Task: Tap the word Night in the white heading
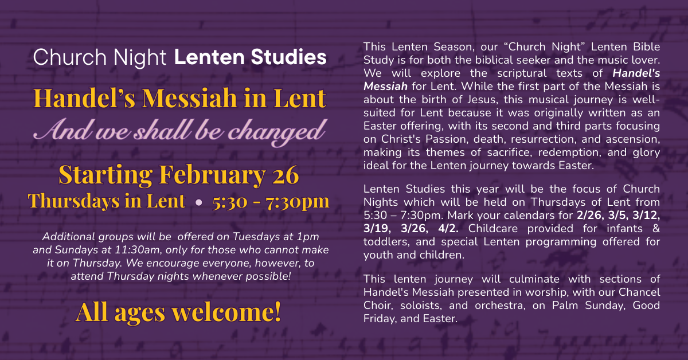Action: (141, 57)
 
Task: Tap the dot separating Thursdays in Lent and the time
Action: (198, 202)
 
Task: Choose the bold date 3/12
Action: (646, 216)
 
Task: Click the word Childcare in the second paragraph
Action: (491, 228)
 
